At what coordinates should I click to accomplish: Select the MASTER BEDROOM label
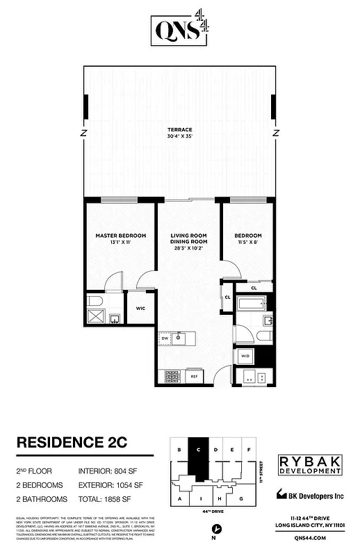(x=120, y=236)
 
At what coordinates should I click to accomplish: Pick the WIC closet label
(x=140, y=309)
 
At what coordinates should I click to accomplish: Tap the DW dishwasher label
(x=164, y=338)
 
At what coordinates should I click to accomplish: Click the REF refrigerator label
(x=195, y=376)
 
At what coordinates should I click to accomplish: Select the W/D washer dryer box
(x=245, y=356)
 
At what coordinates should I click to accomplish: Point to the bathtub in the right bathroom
(x=252, y=304)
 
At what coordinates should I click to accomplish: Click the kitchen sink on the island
(x=179, y=338)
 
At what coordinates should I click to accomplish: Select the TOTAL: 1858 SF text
(x=111, y=499)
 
